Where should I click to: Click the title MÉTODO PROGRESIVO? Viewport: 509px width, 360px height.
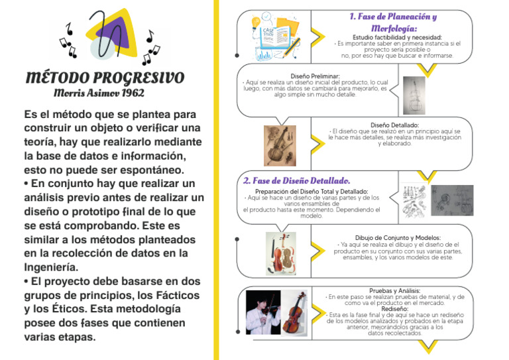[x=105, y=78]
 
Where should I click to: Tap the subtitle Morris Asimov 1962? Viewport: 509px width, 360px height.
[x=99, y=93]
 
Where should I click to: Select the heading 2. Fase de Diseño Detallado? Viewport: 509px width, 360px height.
[x=296, y=180]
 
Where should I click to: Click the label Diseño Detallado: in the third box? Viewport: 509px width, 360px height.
[x=394, y=125]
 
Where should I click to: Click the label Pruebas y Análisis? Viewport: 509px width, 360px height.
[x=395, y=290]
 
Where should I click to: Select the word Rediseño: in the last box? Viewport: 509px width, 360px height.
[x=395, y=308]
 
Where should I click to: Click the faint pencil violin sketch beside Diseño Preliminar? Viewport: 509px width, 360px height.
[x=415, y=95]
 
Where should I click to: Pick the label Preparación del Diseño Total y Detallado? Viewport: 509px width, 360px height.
[x=311, y=191]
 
